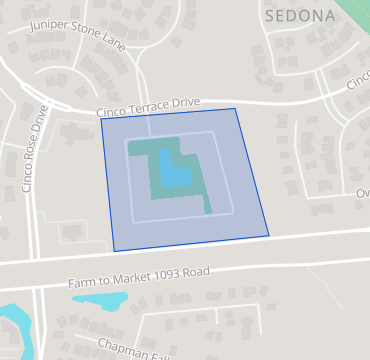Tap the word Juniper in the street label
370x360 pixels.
click(51, 25)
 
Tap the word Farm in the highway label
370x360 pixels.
click(82, 284)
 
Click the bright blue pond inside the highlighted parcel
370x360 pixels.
click(175, 170)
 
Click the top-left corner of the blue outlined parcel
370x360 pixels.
click(101, 123)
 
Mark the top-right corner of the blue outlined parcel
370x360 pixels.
click(237, 108)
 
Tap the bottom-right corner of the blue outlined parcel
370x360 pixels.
click(269, 235)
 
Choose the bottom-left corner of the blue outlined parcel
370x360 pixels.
click(114, 250)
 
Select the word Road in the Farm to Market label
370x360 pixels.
click(197, 272)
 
